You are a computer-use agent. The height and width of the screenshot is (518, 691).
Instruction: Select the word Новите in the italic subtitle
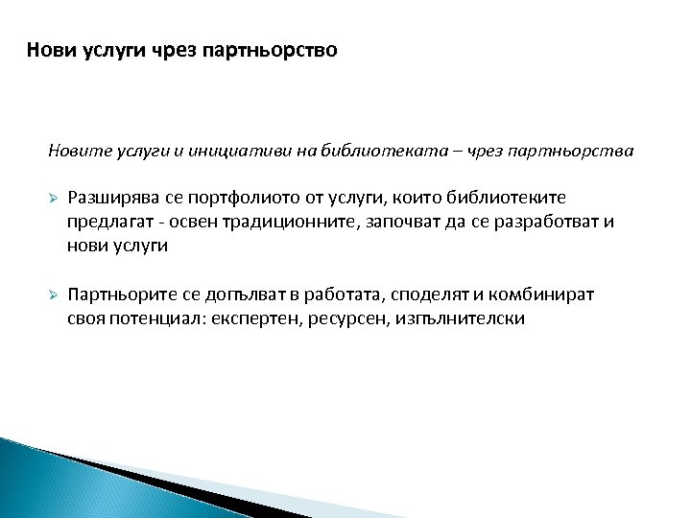(73, 151)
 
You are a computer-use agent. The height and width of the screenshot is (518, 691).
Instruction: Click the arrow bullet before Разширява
(55, 198)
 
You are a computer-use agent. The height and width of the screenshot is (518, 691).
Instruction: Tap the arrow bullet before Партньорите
(55, 296)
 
